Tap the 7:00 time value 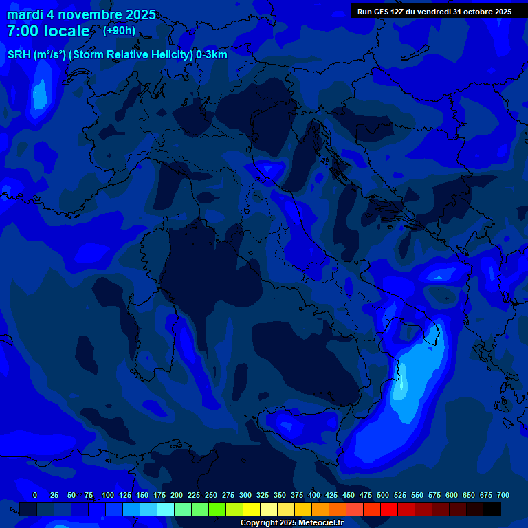pos(22,32)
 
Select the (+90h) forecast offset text pos(119,31)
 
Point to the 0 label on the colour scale pos(35,495)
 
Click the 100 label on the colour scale pos(108,495)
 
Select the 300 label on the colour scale pos(245,495)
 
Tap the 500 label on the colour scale pos(383,495)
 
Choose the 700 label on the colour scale pos(503,495)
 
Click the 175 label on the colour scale pos(159,495)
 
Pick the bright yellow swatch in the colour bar pos(252,509)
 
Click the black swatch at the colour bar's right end pos(492,509)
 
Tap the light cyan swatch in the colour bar pos(166,509)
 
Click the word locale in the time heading pos(65,32)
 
